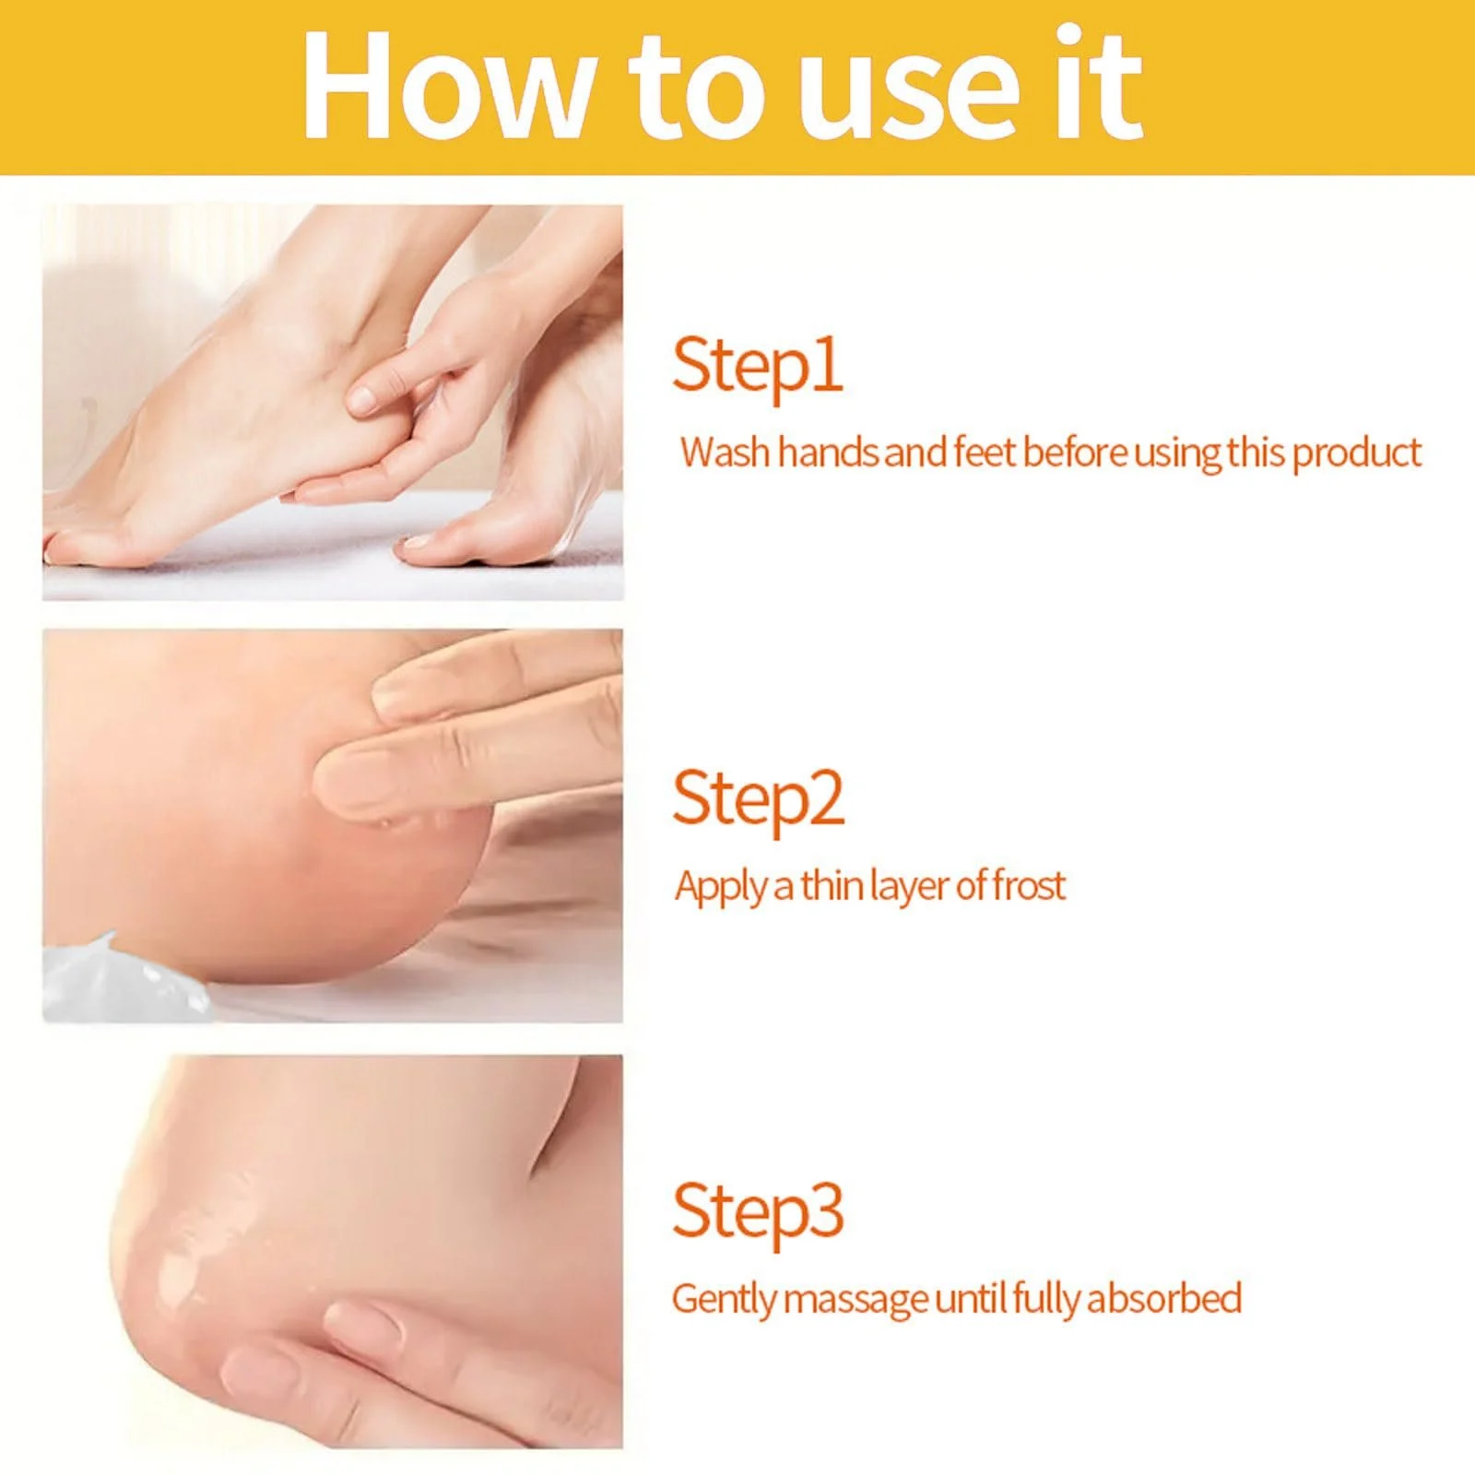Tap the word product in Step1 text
(x=1356, y=454)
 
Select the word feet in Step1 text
(x=985, y=453)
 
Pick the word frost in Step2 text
(x=1029, y=886)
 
